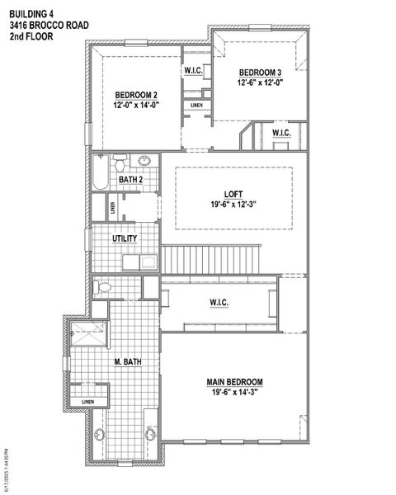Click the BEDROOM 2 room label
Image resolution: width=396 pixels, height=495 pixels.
[136, 93]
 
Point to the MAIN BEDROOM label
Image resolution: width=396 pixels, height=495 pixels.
[234, 382]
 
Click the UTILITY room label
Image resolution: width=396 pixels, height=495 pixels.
[125, 239]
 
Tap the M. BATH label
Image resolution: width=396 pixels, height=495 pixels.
[125, 361]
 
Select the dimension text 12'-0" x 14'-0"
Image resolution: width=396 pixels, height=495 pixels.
[136, 105]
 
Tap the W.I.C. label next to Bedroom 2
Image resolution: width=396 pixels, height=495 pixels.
[194, 70]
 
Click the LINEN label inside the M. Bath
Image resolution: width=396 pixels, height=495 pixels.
[87, 402]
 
